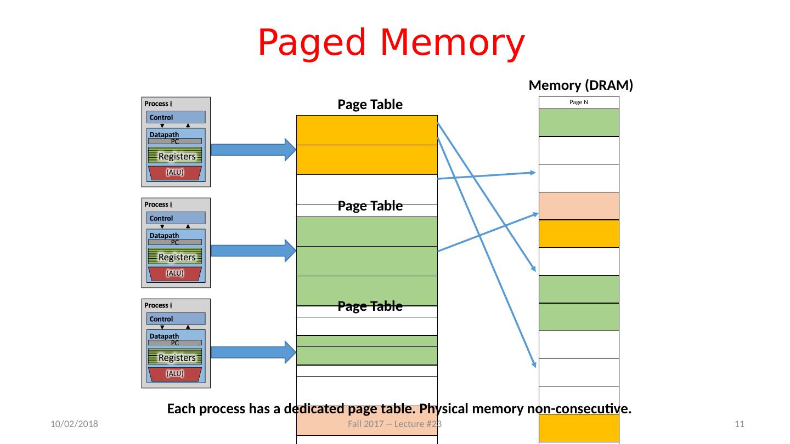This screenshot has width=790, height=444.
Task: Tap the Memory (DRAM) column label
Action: (580, 86)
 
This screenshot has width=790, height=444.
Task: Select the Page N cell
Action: (579, 103)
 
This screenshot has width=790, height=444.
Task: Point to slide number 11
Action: (739, 424)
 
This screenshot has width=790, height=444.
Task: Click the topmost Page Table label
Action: (370, 105)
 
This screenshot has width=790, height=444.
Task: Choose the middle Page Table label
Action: (370, 206)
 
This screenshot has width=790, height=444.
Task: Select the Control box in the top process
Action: (176, 117)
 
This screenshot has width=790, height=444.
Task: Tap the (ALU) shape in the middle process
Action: (175, 273)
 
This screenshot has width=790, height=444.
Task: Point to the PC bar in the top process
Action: (175, 141)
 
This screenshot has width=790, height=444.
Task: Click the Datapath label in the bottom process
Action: (164, 335)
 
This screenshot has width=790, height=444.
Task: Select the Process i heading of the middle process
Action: (159, 204)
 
